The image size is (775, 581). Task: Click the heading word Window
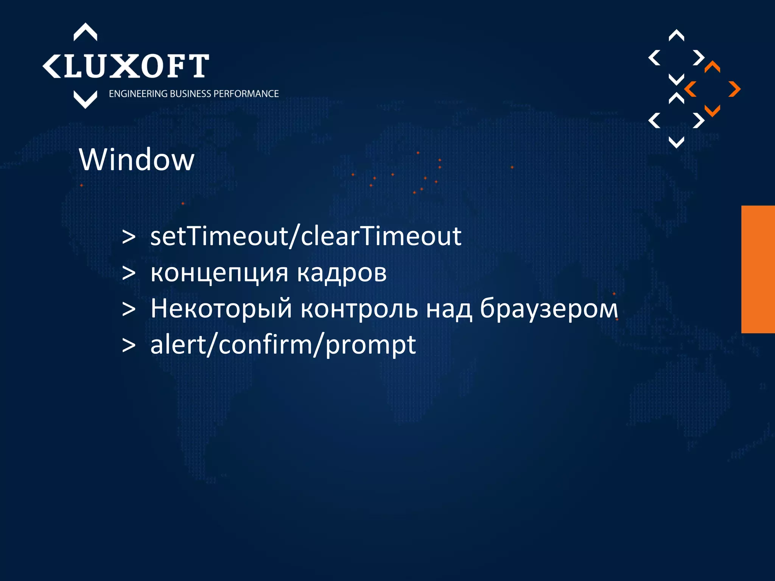(x=137, y=160)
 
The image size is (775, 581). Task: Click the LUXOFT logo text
(x=136, y=66)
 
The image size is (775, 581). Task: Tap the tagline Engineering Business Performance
(x=194, y=94)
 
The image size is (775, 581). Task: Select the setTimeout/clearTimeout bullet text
(x=306, y=236)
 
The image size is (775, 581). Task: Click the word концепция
(x=219, y=273)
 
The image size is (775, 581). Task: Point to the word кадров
(x=342, y=273)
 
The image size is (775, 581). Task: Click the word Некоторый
(x=221, y=308)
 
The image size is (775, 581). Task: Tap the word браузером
(x=549, y=308)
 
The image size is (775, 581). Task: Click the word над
(x=449, y=308)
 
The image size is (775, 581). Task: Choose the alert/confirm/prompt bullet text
(x=283, y=345)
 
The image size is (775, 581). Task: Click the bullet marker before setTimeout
(x=129, y=237)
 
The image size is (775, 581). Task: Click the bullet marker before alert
(x=129, y=345)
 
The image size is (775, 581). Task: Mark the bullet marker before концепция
(x=129, y=273)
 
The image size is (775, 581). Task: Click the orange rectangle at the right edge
(x=758, y=269)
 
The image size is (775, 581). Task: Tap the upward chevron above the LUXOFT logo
(x=85, y=32)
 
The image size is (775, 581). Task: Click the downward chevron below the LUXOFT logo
(x=85, y=99)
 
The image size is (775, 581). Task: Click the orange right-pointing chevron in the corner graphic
(x=735, y=89)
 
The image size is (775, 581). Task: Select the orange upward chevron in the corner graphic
(x=712, y=67)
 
